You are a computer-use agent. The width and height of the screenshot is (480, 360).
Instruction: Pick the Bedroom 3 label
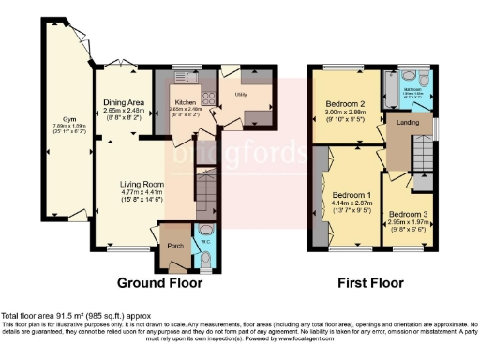[409, 215]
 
